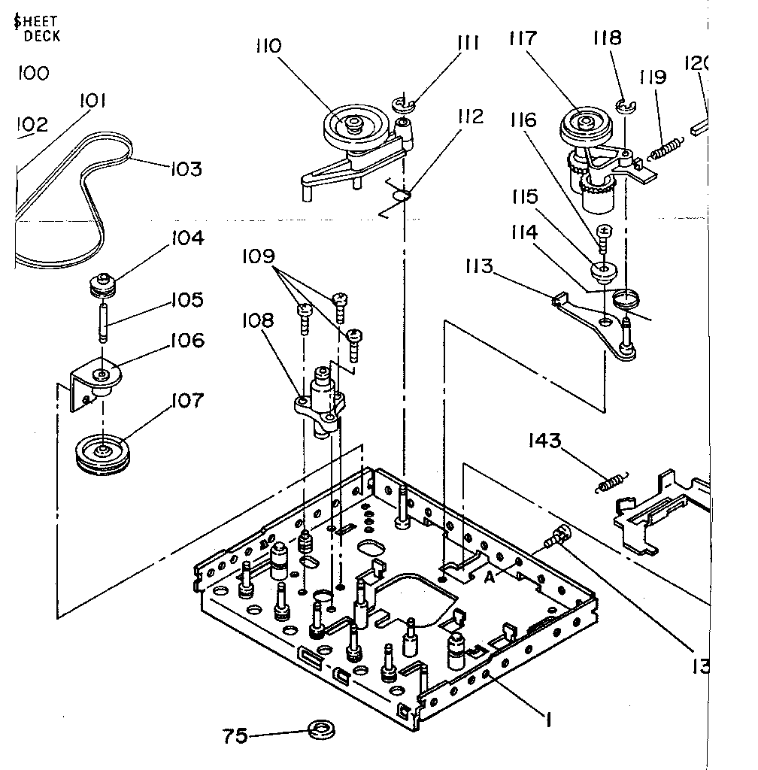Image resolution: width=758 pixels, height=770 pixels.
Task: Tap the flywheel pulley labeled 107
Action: tap(101, 453)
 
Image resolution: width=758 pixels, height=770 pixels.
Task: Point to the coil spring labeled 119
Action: tap(666, 147)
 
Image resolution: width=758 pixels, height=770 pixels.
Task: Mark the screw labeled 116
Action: tap(605, 236)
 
